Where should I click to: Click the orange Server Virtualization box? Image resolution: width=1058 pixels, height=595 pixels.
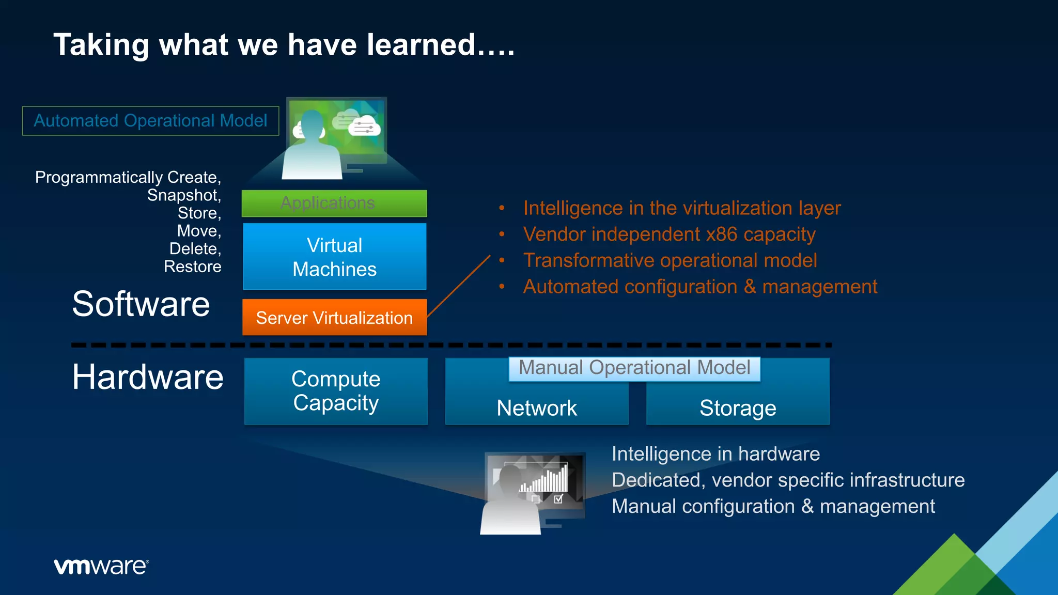(x=334, y=317)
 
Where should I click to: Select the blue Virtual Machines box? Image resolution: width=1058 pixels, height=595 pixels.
(x=334, y=257)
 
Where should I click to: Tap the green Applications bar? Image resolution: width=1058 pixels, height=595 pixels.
(x=334, y=203)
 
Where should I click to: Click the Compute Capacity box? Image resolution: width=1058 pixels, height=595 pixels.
(x=336, y=391)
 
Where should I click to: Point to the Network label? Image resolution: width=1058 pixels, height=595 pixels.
(x=537, y=408)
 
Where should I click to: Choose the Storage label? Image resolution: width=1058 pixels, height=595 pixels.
(x=738, y=408)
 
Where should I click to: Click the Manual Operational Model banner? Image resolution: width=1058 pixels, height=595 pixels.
(x=634, y=368)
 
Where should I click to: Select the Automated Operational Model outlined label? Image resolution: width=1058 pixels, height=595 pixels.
(x=150, y=121)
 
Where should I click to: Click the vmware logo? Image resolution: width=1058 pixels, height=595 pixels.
(x=101, y=567)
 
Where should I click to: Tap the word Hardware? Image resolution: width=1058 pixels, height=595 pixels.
(x=148, y=377)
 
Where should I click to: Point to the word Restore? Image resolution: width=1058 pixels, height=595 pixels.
(x=192, y=267)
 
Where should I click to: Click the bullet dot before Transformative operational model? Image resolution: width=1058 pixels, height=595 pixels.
(x=502, y=260)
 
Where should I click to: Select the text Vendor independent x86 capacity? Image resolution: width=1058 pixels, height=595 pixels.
(x=669, y=234)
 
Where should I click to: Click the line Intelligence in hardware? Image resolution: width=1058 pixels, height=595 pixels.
(x=715, y=454)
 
